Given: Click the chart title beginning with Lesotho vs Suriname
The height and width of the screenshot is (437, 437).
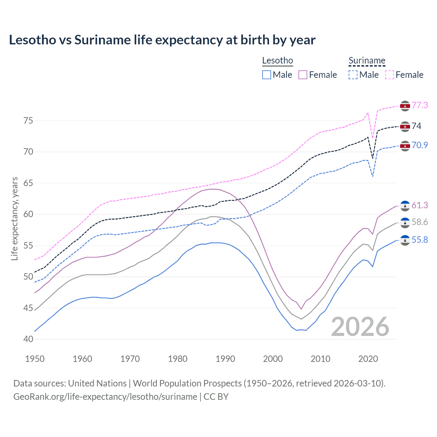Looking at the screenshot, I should point(162,40).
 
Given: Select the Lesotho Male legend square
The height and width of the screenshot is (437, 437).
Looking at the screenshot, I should point(267,75).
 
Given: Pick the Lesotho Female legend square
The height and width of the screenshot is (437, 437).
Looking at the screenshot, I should point(303,75).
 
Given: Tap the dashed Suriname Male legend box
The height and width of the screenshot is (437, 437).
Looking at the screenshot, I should point(353,75).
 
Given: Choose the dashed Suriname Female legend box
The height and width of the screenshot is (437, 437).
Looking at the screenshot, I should point(390,75).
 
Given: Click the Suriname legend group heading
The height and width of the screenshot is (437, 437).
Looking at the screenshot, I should point(367,61).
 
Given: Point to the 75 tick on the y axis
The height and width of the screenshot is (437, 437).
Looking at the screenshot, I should point(28,121).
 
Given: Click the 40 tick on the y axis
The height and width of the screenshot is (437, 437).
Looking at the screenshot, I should point(28,339).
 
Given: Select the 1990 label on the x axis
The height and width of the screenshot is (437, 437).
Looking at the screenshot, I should point(225,359).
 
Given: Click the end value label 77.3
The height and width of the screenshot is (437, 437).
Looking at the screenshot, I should point(420,105).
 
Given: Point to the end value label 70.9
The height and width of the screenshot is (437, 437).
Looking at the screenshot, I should point(420,145).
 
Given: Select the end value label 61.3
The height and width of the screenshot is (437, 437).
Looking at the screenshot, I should point(420,205).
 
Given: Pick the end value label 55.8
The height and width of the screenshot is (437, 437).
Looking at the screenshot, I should point(420,240).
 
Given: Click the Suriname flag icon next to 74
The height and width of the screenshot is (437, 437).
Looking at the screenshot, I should point(405,127).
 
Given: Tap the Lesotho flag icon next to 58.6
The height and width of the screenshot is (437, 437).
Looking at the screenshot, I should point(405,223).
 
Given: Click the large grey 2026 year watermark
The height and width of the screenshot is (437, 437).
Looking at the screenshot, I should point(360,327).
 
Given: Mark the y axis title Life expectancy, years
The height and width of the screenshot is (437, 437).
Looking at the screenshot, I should point(15,218).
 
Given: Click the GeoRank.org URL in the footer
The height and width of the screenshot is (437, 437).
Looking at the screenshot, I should point(105,397).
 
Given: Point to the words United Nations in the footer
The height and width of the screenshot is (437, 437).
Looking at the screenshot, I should point(97,383).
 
